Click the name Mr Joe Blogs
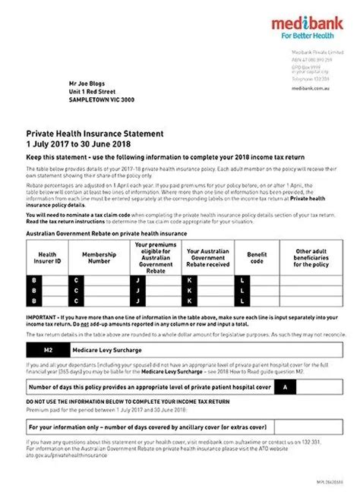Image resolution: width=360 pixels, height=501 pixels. [x=88, y=78]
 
